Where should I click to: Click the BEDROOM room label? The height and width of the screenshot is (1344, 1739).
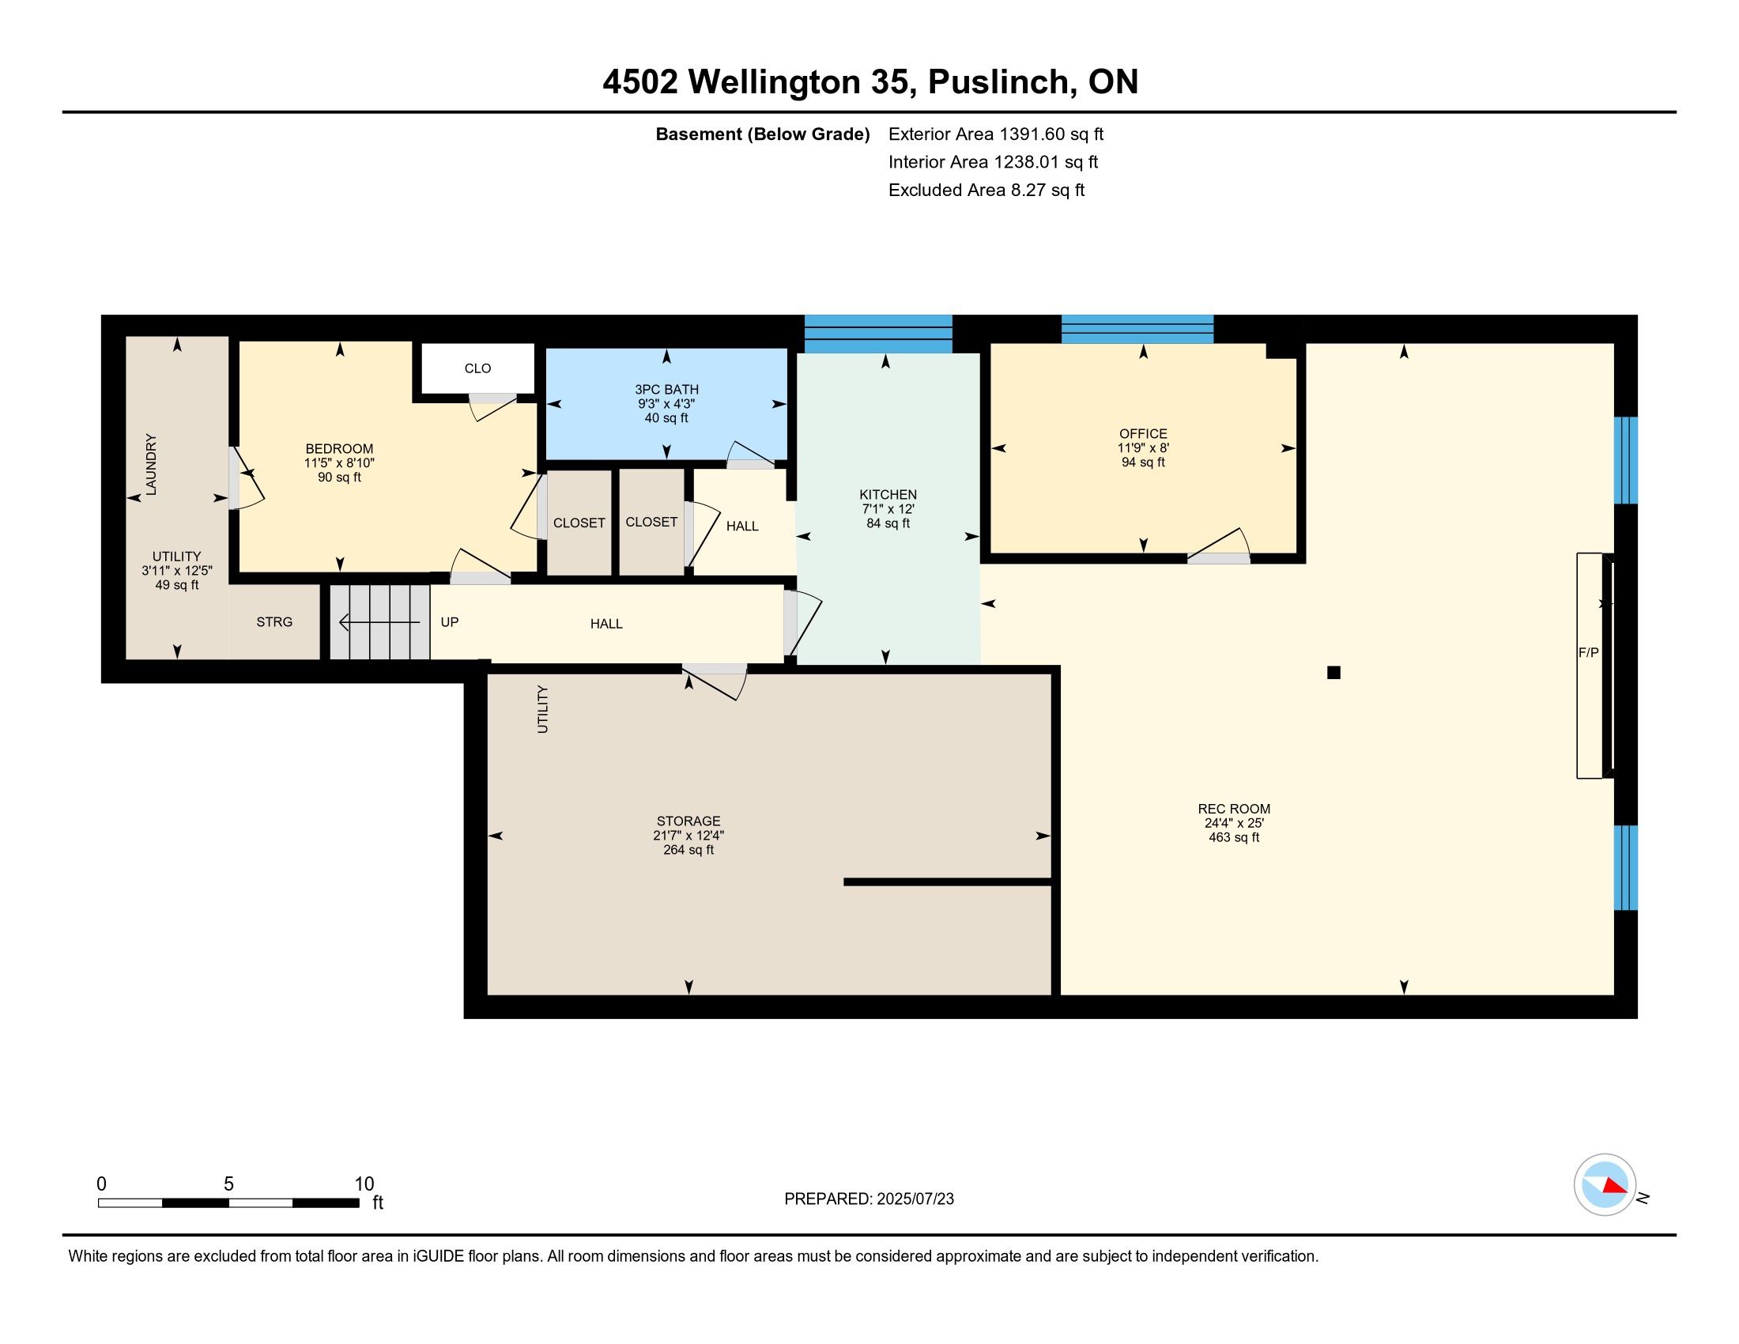click(x=339, y=449)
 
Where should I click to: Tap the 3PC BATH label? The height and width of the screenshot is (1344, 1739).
click(x=666, y=389)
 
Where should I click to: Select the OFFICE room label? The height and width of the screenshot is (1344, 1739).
click(x=1144, y=434)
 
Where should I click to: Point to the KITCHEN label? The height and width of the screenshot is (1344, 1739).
click(x=888, y=494)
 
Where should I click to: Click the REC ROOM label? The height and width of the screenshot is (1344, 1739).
click(x=1233, y=809)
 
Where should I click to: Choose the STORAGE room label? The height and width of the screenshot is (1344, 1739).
click(x=688, y=821)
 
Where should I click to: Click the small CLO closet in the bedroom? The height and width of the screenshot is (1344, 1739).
click(x=477, y=368)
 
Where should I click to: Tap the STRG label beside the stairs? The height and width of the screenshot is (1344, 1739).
click(x=275, y=622)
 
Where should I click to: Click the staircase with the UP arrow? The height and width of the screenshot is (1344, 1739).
click(x=379, y=622)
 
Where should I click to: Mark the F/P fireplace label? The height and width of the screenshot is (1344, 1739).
click(x=1589, y=652)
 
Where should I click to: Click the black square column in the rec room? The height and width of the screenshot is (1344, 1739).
click(x=1333, y=673)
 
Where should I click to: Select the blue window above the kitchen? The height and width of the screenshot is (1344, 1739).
click(x=878, y=334)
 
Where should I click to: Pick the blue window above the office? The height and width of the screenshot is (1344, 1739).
click(x=1137, y=329)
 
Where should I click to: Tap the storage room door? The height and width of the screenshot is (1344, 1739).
click(x=715, y=681)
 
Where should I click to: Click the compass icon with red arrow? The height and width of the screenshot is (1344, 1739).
click(x=1605, y=1184)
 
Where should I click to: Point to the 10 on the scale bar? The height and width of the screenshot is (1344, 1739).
click(x=364, y=1184)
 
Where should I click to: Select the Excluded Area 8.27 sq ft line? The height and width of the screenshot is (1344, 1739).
click(x=986, y=191)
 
